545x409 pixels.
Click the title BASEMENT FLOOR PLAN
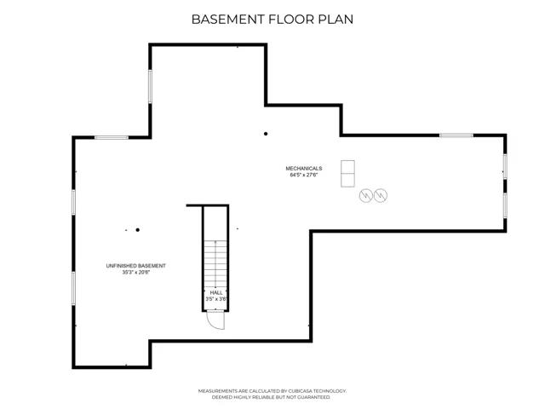(272, 19)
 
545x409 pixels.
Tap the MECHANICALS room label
(304, 169)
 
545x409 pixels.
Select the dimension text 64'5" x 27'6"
(304, 175)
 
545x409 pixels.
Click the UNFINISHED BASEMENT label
(136, 266)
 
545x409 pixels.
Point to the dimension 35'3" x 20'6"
(136, 273)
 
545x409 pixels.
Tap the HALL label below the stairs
(216, 293)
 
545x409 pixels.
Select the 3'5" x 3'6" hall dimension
(216, 299)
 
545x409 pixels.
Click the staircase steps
(215, 263)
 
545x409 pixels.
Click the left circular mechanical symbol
(365, 195)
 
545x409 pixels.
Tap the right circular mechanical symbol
(381, 195)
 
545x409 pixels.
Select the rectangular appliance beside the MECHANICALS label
(347, 174)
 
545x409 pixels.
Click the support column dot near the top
(266, 134)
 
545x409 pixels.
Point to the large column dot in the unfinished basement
(138, 230)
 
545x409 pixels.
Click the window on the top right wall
(456, 135)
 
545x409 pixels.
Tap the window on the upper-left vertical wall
(150, 86)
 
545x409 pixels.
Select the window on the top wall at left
(112, 138)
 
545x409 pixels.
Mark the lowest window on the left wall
(74, 288)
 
